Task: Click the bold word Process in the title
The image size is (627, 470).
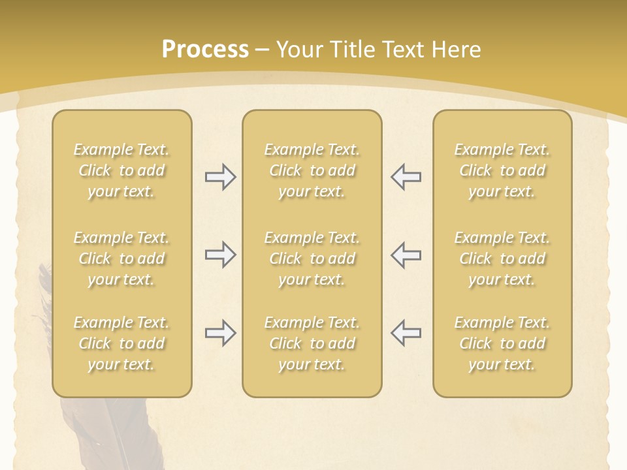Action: [x=205, y=50]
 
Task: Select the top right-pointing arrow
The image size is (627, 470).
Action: [x=220, y=177]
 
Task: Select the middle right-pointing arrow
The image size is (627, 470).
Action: [x=220, y=255]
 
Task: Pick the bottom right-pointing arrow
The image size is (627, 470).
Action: [x=220, y=333]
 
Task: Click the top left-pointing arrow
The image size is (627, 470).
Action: [x=406, y=177]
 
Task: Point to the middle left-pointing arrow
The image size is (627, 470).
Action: [x=406, y=255]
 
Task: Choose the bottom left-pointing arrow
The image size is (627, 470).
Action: [x=406, y=333]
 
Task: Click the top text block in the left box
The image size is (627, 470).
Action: [x=121, y=170]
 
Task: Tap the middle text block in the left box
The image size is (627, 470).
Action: [x=121, y=258]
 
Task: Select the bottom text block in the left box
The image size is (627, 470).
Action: [x=121, y=343]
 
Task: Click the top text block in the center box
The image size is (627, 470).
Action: [x=312, y=170]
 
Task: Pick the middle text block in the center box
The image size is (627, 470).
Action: [x=312, y=258]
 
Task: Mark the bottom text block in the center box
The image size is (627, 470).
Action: [x=312, y=343]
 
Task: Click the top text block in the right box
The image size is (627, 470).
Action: [x=502, y=170]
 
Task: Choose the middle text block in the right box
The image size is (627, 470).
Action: [x=502, y=258]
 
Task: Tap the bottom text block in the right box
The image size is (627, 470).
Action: [x=502, y=343]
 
